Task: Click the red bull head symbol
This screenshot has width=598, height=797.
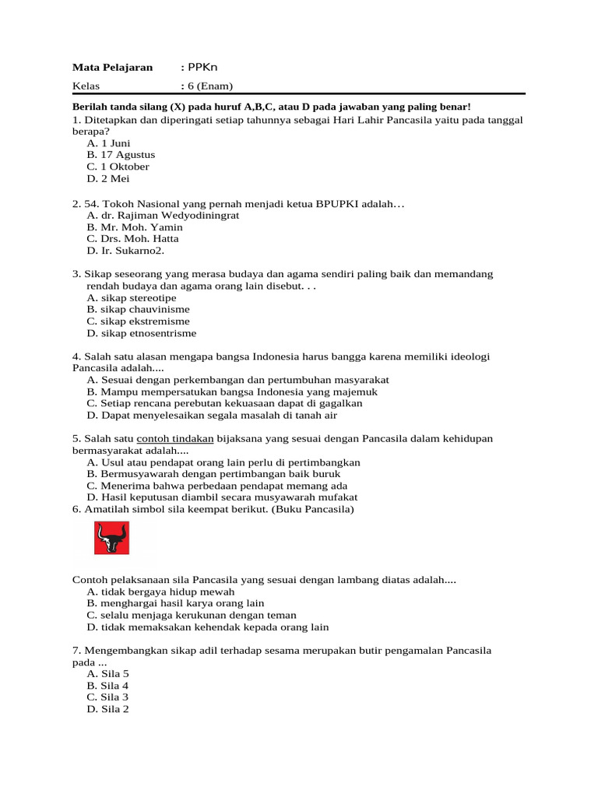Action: [111, 538]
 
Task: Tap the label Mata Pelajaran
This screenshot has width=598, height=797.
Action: [112, 68]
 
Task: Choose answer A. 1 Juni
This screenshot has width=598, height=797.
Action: [108, 143]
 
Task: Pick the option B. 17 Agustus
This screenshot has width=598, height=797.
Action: [121, 155]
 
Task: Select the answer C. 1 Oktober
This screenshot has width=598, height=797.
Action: [118, 167]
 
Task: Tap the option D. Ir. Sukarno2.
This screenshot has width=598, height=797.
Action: [125, 251]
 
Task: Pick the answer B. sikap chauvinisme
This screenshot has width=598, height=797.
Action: [138, 310]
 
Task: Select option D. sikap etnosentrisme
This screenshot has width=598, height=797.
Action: [141, 333]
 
